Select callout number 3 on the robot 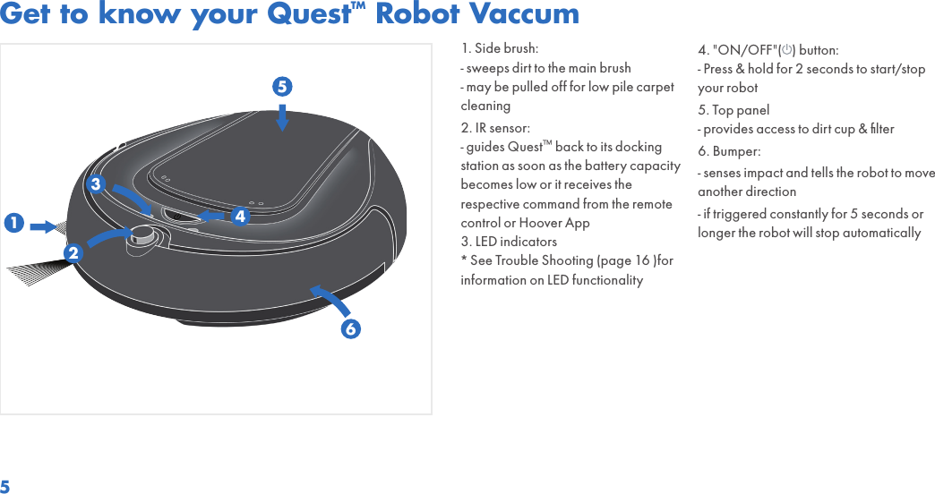[x=95, y=184]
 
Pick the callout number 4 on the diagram [x=239, y=217]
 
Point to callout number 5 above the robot [x=282, y=87]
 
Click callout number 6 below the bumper [x=350, y=328]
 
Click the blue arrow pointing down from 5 [x=282, y=117]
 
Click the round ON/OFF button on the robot [x=143, y=236]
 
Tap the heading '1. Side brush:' [x=500, y=47]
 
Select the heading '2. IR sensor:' [x=495, y=127]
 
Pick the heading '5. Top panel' [x=733, y=110]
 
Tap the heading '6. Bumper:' [x=729, y=151]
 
